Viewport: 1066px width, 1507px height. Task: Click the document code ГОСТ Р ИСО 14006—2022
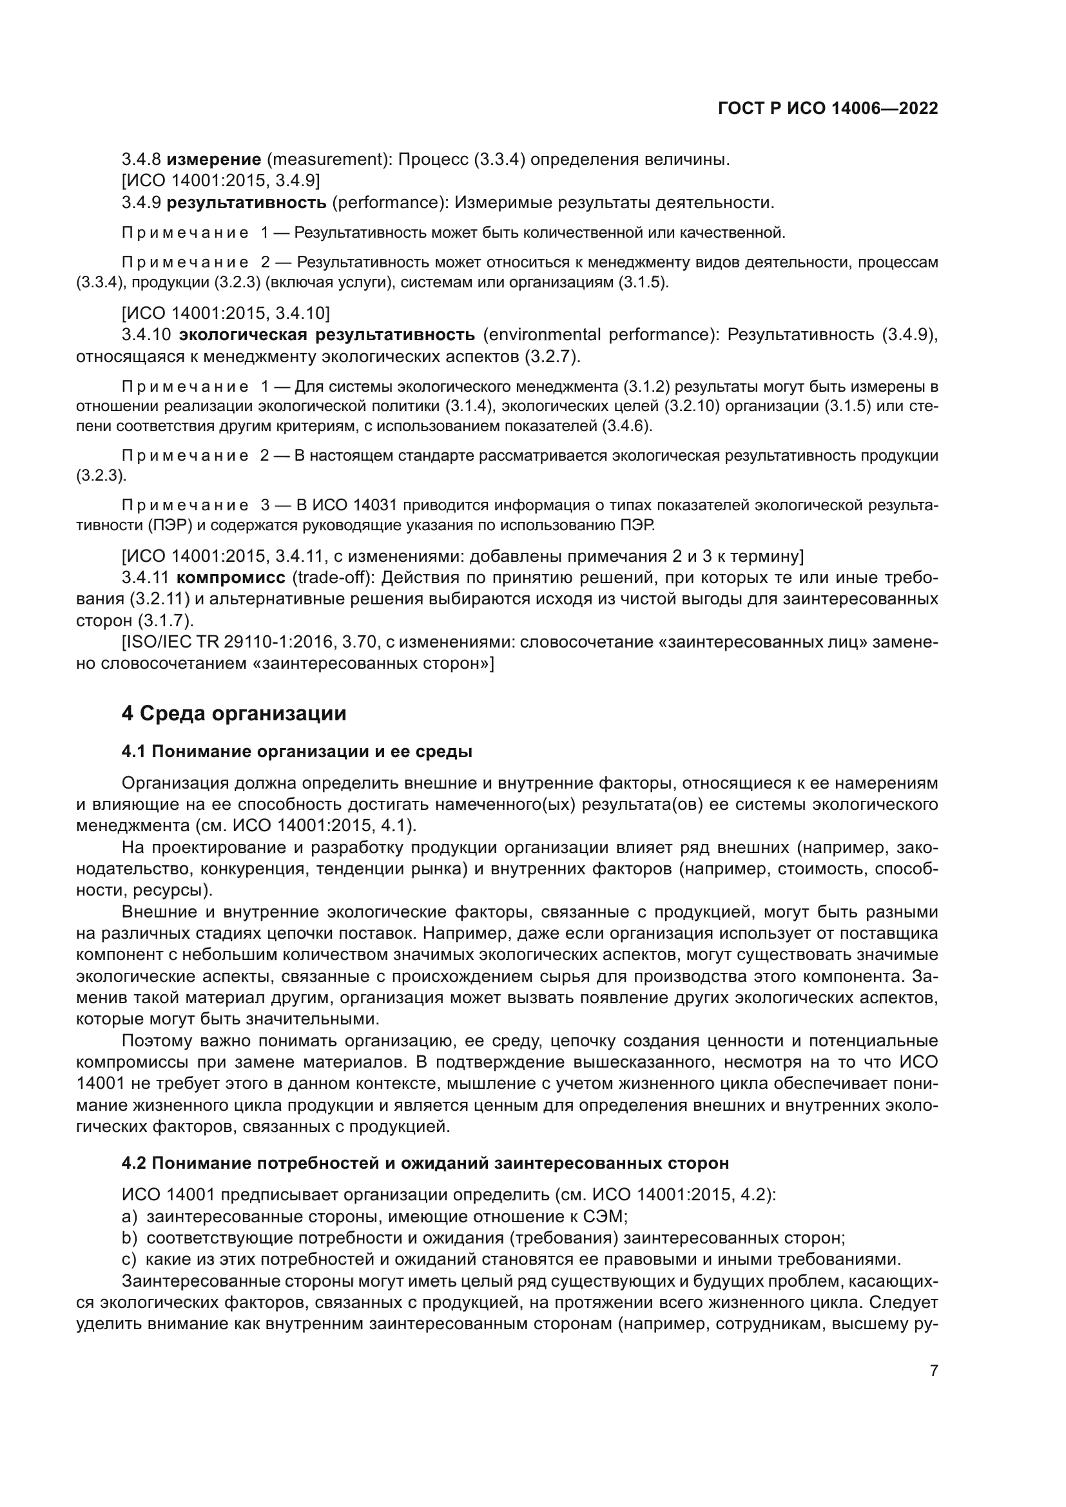828,109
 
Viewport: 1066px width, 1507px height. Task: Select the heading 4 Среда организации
234,713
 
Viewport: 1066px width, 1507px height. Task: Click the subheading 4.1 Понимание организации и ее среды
296,751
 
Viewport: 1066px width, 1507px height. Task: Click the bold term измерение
213,160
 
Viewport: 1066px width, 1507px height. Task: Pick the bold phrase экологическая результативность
327,336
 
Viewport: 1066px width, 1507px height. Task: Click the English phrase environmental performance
601,336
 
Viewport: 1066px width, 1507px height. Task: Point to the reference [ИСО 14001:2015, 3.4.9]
220,180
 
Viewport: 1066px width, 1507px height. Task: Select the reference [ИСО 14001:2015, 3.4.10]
226,313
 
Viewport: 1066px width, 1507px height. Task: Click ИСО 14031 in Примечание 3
354,505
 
